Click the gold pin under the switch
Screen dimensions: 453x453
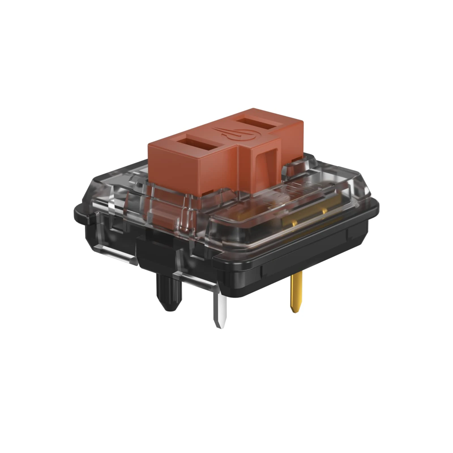point(296,292)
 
